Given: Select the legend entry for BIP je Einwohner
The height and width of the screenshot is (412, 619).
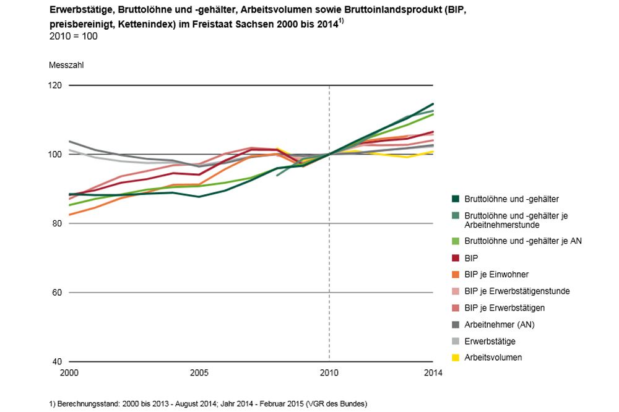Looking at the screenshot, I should pos(496,273).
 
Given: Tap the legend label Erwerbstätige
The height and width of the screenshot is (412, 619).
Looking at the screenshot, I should pos(490,341).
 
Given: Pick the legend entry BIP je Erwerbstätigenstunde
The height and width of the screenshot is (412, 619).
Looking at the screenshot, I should pos(517,291).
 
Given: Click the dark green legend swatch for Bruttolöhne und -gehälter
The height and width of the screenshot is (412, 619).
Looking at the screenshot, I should pos(456,199).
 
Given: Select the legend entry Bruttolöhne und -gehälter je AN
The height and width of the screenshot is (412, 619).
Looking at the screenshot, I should pos(523,241).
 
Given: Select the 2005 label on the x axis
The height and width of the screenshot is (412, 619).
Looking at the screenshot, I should pos(199,373).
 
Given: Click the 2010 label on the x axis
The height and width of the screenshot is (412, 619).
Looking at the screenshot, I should pos(329,373).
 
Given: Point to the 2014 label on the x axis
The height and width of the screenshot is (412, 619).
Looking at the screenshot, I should pos(433,373).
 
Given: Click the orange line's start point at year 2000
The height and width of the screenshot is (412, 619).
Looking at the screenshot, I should pos(69,215).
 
